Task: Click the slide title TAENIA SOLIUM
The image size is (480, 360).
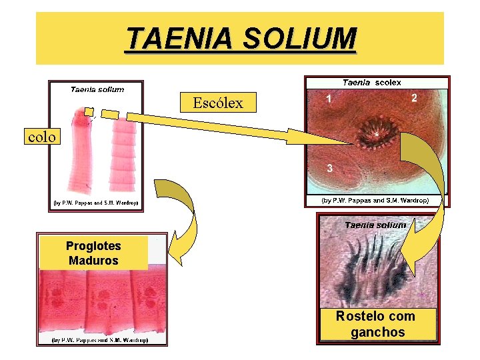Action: pos(241,39)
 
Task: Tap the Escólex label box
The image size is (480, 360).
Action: pos(218,103)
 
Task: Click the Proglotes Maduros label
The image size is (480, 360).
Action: pos(93,253)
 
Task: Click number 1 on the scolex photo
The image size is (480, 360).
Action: pos(327,99)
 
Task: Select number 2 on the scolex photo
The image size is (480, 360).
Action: pos(415,98)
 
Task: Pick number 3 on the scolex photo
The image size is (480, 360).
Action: pos(329,168)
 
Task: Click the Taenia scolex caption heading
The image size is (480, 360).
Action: pos(372,83)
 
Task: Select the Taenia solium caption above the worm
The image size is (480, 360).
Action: pos(97,89)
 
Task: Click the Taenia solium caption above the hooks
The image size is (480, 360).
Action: pos(375,225)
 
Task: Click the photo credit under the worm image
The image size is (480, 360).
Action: pos(96,203)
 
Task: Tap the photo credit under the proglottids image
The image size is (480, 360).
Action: pos(100,340)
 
